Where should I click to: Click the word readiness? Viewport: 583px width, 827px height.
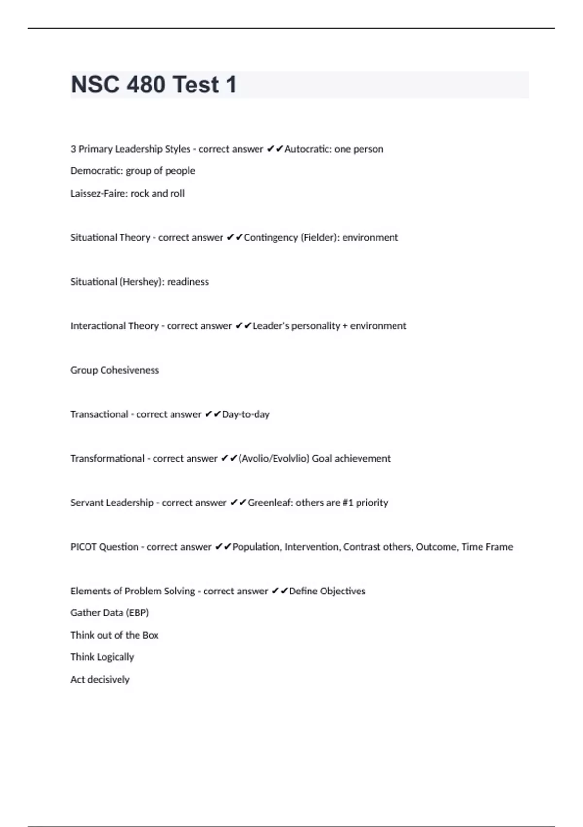coord(188,282)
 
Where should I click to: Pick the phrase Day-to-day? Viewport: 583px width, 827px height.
coord(246,414)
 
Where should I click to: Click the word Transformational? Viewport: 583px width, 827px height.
coord(107,459)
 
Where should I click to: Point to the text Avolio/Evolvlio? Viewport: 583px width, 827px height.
coord(274,459)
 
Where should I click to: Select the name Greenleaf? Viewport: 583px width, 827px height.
coord(270,503)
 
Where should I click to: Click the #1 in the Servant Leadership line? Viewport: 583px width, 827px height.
coord(347,503)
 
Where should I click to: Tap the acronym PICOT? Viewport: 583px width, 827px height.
coord(84,547)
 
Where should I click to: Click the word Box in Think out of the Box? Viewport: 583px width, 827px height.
coord(150,635)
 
